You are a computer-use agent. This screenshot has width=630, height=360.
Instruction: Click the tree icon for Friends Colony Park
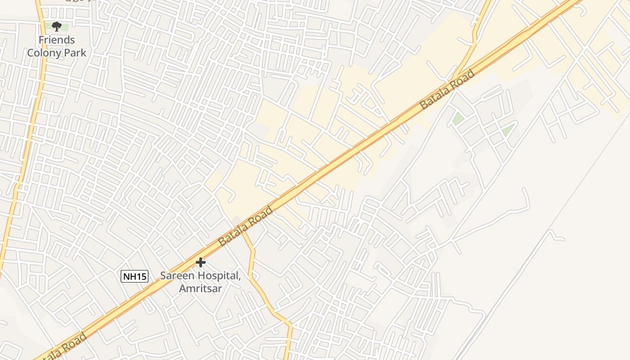point(56,27)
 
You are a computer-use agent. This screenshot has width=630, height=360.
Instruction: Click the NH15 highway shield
point(135,276)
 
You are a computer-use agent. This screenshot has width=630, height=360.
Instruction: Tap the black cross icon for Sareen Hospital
point(201,262)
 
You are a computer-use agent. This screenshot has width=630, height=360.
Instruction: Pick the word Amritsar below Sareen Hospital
point(201,288)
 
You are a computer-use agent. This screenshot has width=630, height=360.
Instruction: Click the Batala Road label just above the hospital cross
point(245,226)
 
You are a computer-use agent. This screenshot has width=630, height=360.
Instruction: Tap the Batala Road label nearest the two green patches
point(447,90)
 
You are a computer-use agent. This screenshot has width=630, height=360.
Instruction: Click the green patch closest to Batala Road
point(458,119)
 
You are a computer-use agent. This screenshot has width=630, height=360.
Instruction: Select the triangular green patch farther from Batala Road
point(508,130)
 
